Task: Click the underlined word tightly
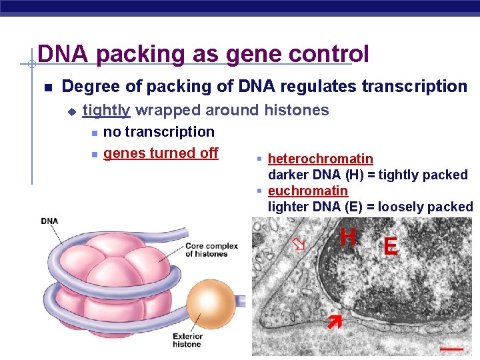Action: pyautogui.click(x=106, y=110)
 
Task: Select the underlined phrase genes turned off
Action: pyautogui.click(x=161, y=153)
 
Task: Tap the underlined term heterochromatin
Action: pyautogui.click(x=320, y=159)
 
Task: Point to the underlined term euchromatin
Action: pyautogui.click(x=307, y=191)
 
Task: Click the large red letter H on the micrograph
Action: pyautogui.click(x=347, y=237)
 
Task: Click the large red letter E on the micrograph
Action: pyautogui.click(x=391, y=247)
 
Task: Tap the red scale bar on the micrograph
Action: pyautogui.click(x=451, y=347)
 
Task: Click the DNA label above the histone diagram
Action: pyautogui.click(x=49, y=221)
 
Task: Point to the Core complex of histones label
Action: pyautogui.click(x=211, y=250)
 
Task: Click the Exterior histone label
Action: pyautogui.click(x=187, y=340)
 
